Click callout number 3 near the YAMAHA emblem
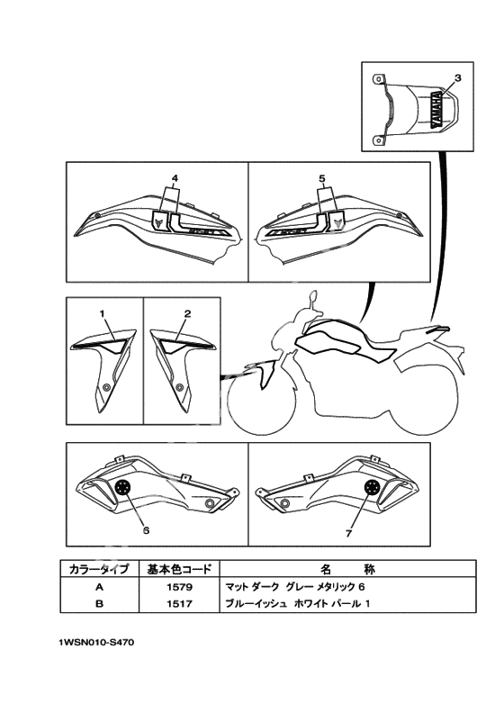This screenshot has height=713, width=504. coord(457,77)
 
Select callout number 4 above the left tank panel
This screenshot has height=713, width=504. coord(175,179)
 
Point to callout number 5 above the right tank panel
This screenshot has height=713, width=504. coord(322,179)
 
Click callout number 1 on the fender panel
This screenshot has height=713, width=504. coord(103,313)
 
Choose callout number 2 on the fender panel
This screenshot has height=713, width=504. coord(187,313)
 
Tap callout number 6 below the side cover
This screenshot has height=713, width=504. coord(147,530)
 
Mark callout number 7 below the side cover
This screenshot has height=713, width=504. coord(348,533)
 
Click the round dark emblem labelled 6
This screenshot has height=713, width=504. coord(122,487)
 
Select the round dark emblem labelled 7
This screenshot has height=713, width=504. coord(373,487)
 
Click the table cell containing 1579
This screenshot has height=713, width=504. coord(179,587)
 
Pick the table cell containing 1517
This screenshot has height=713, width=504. coord(179,604)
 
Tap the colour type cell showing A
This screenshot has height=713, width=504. coord(100,587)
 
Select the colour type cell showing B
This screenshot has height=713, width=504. coord(100,604)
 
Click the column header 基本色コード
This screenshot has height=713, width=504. coord(179,569)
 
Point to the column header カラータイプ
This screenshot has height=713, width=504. coord(100,569)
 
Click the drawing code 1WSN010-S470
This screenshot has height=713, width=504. coord(96,643)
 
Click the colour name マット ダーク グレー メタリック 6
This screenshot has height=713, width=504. coord(295,587)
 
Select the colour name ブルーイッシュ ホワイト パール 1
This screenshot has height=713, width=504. coord(298,604)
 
